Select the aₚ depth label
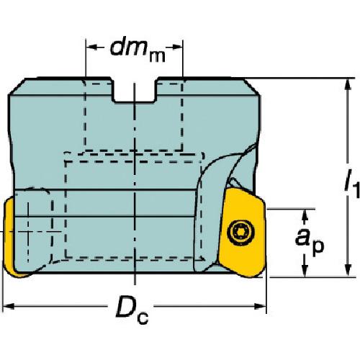[x=310, y=240]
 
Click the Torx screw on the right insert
[x=240, y=233]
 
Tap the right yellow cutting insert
[x=243, y=232]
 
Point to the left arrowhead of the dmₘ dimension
[x=92, y=47]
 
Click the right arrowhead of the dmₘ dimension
[x=177, y=48]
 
